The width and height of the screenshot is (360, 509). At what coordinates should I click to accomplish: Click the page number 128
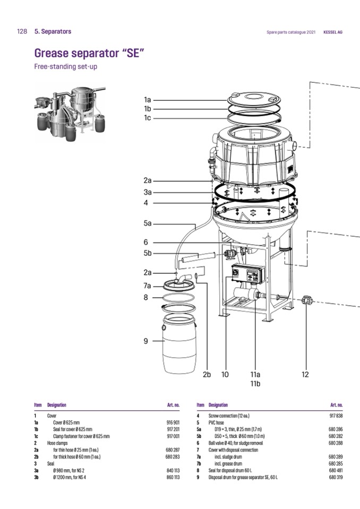click(x=22, y=31)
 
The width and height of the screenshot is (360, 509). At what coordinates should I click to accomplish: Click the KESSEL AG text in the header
click(x=333, y=32)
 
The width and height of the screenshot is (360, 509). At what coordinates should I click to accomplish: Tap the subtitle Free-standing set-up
click(x=65, y=67)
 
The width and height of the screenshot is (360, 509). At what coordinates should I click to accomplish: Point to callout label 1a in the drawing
click(x=148, y=99)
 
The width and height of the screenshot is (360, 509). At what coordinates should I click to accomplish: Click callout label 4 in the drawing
click(x=146, y=202)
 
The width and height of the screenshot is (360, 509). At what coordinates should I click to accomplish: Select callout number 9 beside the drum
click(x=145, y=341)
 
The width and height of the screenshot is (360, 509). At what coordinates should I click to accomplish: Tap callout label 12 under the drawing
click(x=305, y=374)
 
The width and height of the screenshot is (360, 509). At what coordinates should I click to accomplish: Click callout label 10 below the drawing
click(x=225, y=374)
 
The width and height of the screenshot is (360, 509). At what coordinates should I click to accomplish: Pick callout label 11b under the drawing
click(x=255, y=383)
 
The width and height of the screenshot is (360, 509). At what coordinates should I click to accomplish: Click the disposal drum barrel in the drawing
click(x=178, y=343)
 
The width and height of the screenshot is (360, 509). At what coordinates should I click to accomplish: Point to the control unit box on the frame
click(x=245, y=272)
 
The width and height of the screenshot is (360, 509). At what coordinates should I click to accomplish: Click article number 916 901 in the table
click(x=173, y=422)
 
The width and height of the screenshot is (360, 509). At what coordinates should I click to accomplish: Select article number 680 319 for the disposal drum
click(x=336, y=477)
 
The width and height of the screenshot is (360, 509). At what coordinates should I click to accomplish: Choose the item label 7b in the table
click(x=198, y=463)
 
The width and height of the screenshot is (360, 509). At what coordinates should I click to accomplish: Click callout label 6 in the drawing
click(x=145, y=242)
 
